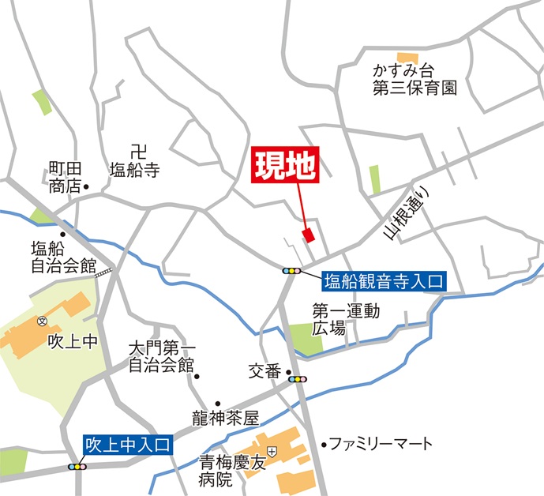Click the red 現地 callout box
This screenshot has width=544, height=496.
coord(285,167)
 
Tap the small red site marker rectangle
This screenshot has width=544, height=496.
coord(308,235)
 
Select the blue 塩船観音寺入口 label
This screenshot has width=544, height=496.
coord(385,280)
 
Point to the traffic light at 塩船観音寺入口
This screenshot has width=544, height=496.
coord(291,271)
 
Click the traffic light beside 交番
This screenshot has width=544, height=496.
coord(298,380)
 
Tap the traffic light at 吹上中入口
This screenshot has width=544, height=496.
coord(77,467)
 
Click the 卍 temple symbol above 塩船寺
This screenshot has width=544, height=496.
coord(139,150)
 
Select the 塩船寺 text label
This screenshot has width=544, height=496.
coord(134,169)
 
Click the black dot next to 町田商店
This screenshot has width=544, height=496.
coord(86,187)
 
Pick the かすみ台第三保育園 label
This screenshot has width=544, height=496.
coord(415,80)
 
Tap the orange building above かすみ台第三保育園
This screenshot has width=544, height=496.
coord(407,57)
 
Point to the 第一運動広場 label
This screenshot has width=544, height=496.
coord(345,319)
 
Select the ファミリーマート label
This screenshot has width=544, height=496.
coord(381,443)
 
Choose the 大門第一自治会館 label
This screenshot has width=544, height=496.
coord(162,357)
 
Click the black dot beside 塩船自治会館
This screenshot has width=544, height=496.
coord(62,234)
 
